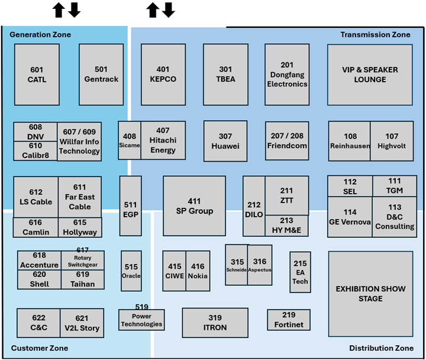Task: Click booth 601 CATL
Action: [x=37, y=74]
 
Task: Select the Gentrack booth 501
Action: [x=101, y=74]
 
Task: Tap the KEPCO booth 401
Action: [x=163, y=74]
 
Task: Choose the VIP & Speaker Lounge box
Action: [x=370, y=74]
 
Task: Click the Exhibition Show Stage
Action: [x=370, y=294]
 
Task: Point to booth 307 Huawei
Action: [x=225, y=141]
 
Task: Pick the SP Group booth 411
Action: [x=194, y=206]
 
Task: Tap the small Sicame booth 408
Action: [x=129, y=140]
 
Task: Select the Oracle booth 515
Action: [x=131, y=271]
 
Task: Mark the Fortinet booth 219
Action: [x=289, y=320]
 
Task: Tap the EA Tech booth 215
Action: [x=300, y=272]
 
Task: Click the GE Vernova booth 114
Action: [x=350, y=217]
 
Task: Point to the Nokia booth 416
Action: [x=198, y=271]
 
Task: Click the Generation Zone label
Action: [x=40, y=34]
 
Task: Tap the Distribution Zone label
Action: [x=381, y=348]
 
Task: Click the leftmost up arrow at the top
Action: [x=58, y=9]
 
